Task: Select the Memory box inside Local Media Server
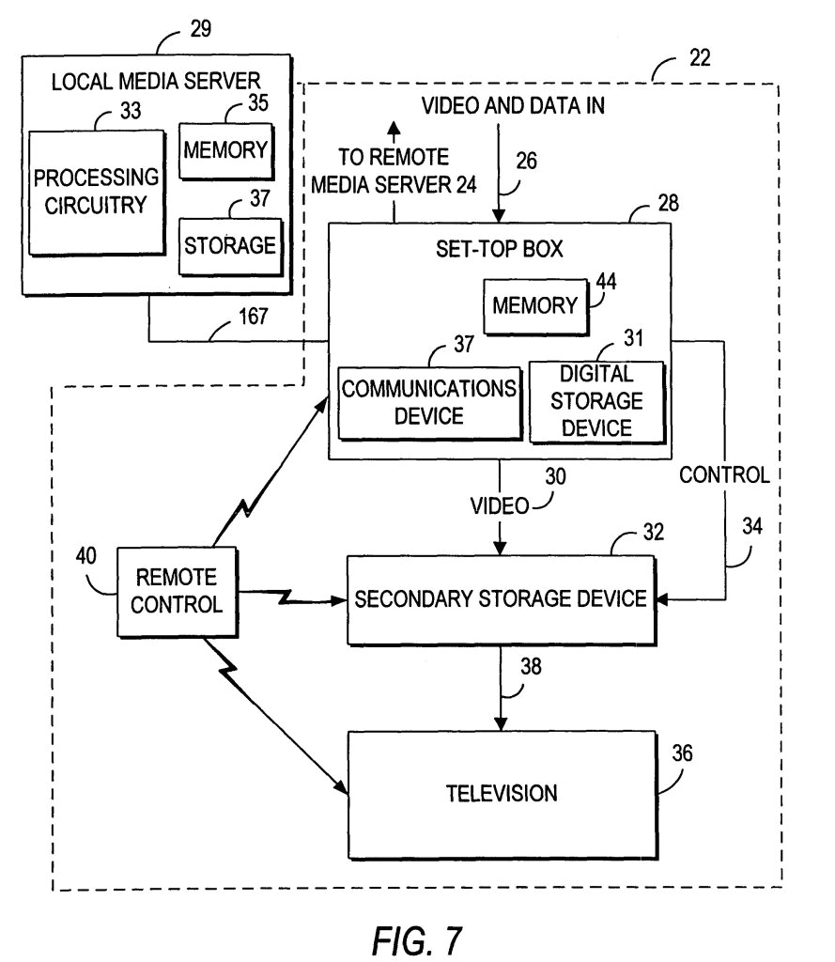click(x=225, y=149)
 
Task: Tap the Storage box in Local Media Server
click(x=229, y=246)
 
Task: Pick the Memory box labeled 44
click(x=533, y=305)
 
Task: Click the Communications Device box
click(x=428, y=402)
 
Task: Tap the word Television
click(x=501, y=792)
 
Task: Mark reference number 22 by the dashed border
click(x=697, y=58)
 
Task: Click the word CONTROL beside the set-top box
click(x=724, y=475)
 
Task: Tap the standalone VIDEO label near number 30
click(x=500, y=506)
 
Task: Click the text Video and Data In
click(x=511, y=106)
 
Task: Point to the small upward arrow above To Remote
click(x=394, y=129)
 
